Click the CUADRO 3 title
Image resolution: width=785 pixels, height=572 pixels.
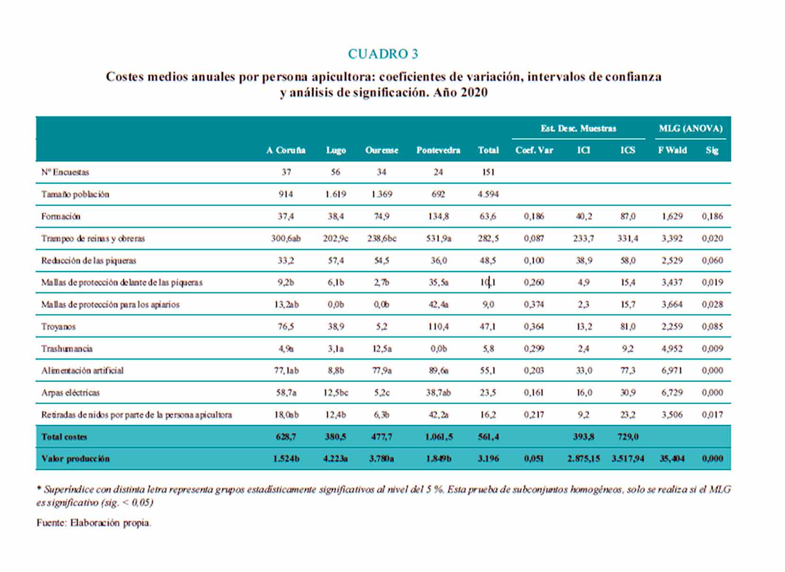click(383, 54)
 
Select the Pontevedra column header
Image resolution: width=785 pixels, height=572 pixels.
click(438, 150)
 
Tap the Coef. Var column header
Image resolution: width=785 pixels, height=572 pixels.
click(534, 150)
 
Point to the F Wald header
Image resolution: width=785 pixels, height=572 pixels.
click(672, 150)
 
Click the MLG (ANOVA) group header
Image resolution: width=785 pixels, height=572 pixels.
click(691, 128)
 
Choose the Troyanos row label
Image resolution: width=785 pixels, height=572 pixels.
click(59, 327)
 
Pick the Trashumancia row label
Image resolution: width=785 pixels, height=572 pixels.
click(67, 349)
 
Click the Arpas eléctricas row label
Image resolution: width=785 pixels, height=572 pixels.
click(70, 393)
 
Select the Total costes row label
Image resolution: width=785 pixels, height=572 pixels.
click(64, 437)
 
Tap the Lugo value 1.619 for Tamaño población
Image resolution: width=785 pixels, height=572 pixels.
click(335, 194)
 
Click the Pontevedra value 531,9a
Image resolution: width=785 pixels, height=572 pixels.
click(438, 239)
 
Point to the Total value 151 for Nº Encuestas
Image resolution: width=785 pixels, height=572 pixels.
click(488, 172)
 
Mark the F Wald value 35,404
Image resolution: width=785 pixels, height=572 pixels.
click(672, 459)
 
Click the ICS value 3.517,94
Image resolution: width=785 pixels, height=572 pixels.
click(628, 459)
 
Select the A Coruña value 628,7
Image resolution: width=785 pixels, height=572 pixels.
click(286, 437)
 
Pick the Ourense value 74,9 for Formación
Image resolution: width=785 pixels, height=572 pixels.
click(382, 217)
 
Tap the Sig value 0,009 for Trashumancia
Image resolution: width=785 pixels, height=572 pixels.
click(712, 349)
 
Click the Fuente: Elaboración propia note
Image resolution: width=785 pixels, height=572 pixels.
click(94, 523)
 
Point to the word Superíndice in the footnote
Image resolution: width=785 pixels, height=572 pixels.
click(69, 490)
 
